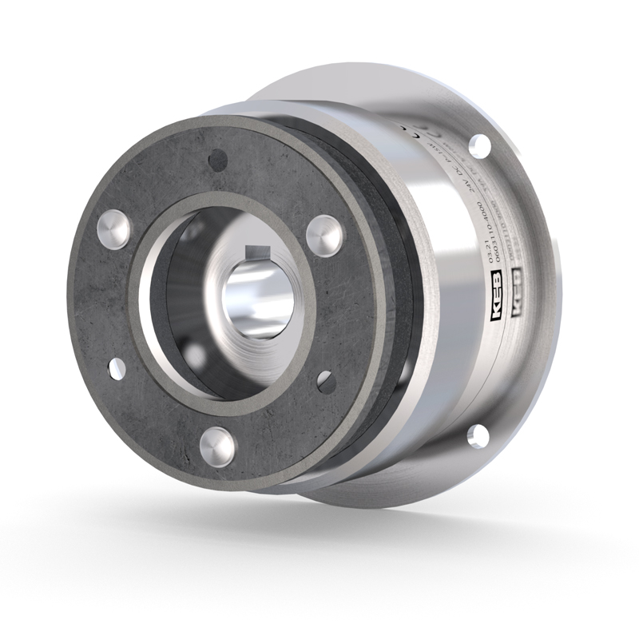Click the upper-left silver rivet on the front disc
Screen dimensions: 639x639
(x=113, y=229)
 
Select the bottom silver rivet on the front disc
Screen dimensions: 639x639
(x=217, y=445)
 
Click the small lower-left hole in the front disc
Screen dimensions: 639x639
(x=117, y=368)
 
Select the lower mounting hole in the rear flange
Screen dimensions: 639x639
(x=478, y=434)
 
